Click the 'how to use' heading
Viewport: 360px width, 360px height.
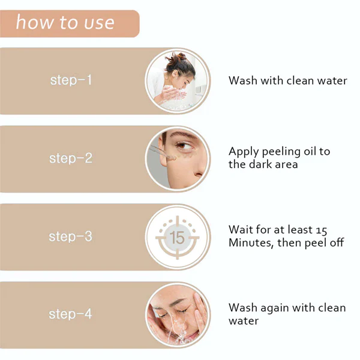click(65, 23)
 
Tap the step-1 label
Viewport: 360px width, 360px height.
click(71, 80)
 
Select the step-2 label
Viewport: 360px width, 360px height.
click(71, 158)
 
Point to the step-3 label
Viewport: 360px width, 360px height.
click(71, 236)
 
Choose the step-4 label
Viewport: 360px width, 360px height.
click(71, 314)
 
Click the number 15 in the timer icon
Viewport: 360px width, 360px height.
click(178, 238)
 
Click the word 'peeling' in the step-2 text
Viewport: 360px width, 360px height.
click(281, 152)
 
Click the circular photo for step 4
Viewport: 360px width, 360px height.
click(178, 314)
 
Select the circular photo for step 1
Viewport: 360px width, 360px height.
click(178, 81)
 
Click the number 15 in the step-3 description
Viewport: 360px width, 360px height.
click(338, 230)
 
